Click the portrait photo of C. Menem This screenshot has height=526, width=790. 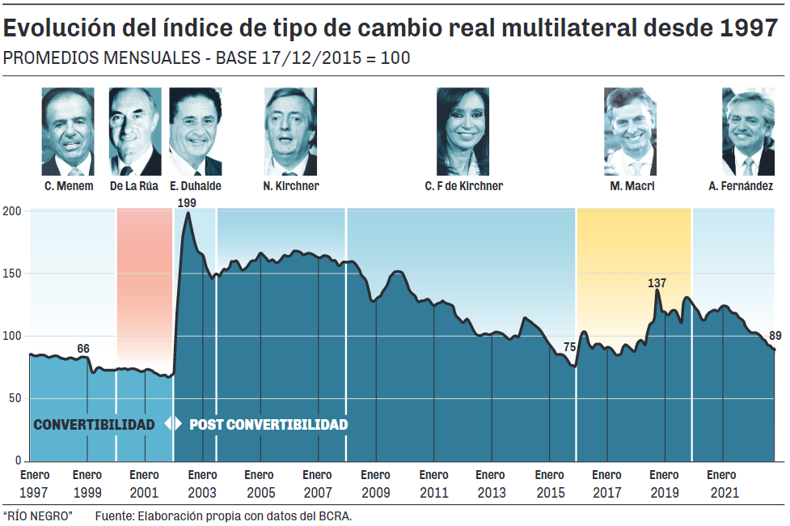tap(68, 131)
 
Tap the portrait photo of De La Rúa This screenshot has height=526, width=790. tap(134, 131)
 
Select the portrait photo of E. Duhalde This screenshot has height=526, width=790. tap(195, 131)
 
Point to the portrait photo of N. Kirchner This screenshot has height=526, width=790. tap(290, 131)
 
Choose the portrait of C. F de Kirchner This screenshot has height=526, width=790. tap(463, 131)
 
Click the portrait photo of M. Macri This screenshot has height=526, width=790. tap(630, 131)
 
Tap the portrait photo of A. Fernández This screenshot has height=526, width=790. tap(748, 131)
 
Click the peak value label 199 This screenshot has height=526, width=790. tap(187, 202)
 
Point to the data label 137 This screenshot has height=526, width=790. tap(657, 283)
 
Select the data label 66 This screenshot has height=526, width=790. tap(83, 349)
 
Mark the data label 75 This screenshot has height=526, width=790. tap(569, 347)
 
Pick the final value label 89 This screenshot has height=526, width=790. tap(775, 336)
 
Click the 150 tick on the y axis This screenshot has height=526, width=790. tap(15, 274)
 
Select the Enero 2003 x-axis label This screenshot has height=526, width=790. tap(202, 483)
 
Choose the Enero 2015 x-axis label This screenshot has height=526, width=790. tap(550, 483)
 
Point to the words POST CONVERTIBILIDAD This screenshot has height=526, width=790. tap(268, 425)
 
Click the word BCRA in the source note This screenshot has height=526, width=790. tap(336, 515)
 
